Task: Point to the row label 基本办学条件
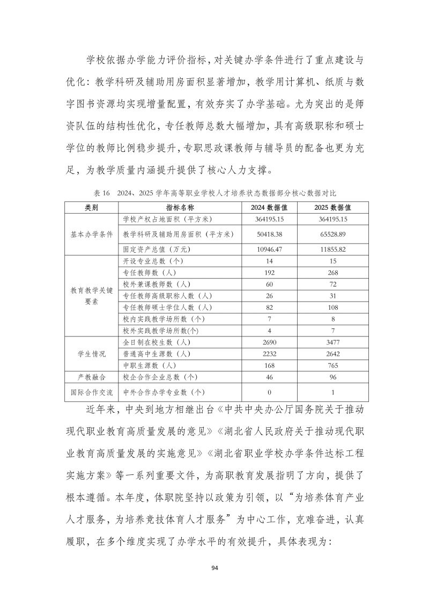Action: pos(92,234)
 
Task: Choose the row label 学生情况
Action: pos(92,354)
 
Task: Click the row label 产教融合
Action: pos(92,377)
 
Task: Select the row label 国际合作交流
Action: pos(92,392)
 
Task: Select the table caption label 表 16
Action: pos(101,193)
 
